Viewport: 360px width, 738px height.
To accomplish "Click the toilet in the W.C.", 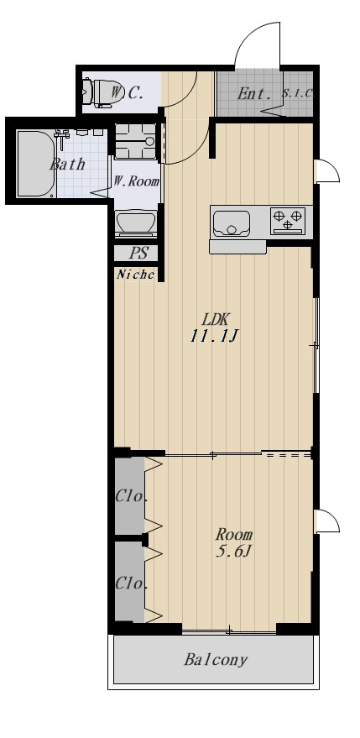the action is pos(99,92).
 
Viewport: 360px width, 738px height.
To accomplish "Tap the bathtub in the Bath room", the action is pos(36,164).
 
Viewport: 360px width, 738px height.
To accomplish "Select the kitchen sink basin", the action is pos(231,223).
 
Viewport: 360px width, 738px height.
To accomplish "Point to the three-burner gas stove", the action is pos(288,221).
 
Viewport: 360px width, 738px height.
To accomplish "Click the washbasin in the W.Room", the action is pos(136,222).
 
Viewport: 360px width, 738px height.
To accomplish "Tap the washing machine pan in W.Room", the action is pos(136,141).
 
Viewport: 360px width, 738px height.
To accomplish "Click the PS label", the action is pos(138,254).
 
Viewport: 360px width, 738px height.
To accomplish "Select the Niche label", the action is pos(135,275).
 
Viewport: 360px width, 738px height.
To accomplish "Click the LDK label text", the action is pos(215,320).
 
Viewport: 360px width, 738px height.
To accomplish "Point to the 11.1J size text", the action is pos(215,336).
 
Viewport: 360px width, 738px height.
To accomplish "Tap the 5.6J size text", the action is pos(232,551).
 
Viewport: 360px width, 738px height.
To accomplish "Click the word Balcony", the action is pos(216,660).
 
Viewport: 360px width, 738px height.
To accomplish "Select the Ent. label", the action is pos(254,94).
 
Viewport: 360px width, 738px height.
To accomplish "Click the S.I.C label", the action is pos(297,93).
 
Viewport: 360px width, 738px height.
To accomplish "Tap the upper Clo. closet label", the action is pos(132,496).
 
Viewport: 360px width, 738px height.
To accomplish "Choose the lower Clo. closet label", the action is pos(132,584).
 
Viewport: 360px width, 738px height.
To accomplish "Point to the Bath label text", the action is pos(67,165).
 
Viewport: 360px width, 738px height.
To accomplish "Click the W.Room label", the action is pos(137,181).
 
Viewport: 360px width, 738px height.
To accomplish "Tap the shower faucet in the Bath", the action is pos(61,138).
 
